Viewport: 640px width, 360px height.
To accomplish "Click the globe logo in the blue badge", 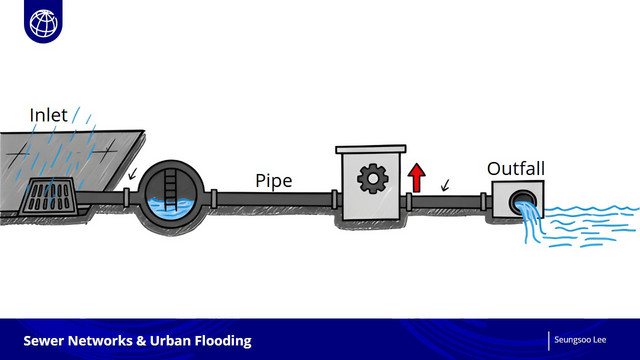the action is coord(44,23).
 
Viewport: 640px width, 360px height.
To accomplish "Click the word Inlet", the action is coord(48,115).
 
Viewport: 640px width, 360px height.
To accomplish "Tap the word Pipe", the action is coord(273,181).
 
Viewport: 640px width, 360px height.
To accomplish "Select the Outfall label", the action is coord(516,169).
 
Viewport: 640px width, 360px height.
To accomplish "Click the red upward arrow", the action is coord(416,178).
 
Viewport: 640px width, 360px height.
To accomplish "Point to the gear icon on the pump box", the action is coord(372,178).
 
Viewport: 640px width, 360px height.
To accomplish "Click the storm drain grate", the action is coord(49,196).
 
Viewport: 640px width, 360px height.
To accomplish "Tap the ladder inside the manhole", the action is coord(171,190).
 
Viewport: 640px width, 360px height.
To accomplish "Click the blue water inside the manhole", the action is coord(171,207).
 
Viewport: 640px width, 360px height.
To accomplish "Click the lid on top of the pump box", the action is coord(371,149).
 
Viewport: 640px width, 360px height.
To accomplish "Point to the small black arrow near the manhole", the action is coord(132,174).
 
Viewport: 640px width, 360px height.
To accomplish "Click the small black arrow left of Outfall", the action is coord(445,185).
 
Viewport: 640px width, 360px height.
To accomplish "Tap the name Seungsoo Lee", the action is coord(580,340).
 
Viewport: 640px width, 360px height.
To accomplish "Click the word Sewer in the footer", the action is coord(43,341).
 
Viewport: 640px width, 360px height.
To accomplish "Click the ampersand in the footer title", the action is coord(141,341).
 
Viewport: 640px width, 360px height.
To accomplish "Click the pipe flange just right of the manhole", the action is coord(213,199).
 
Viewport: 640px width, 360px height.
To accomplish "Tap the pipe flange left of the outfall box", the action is coord(483,202).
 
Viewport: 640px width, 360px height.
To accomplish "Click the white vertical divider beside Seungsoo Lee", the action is coord(549,341).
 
